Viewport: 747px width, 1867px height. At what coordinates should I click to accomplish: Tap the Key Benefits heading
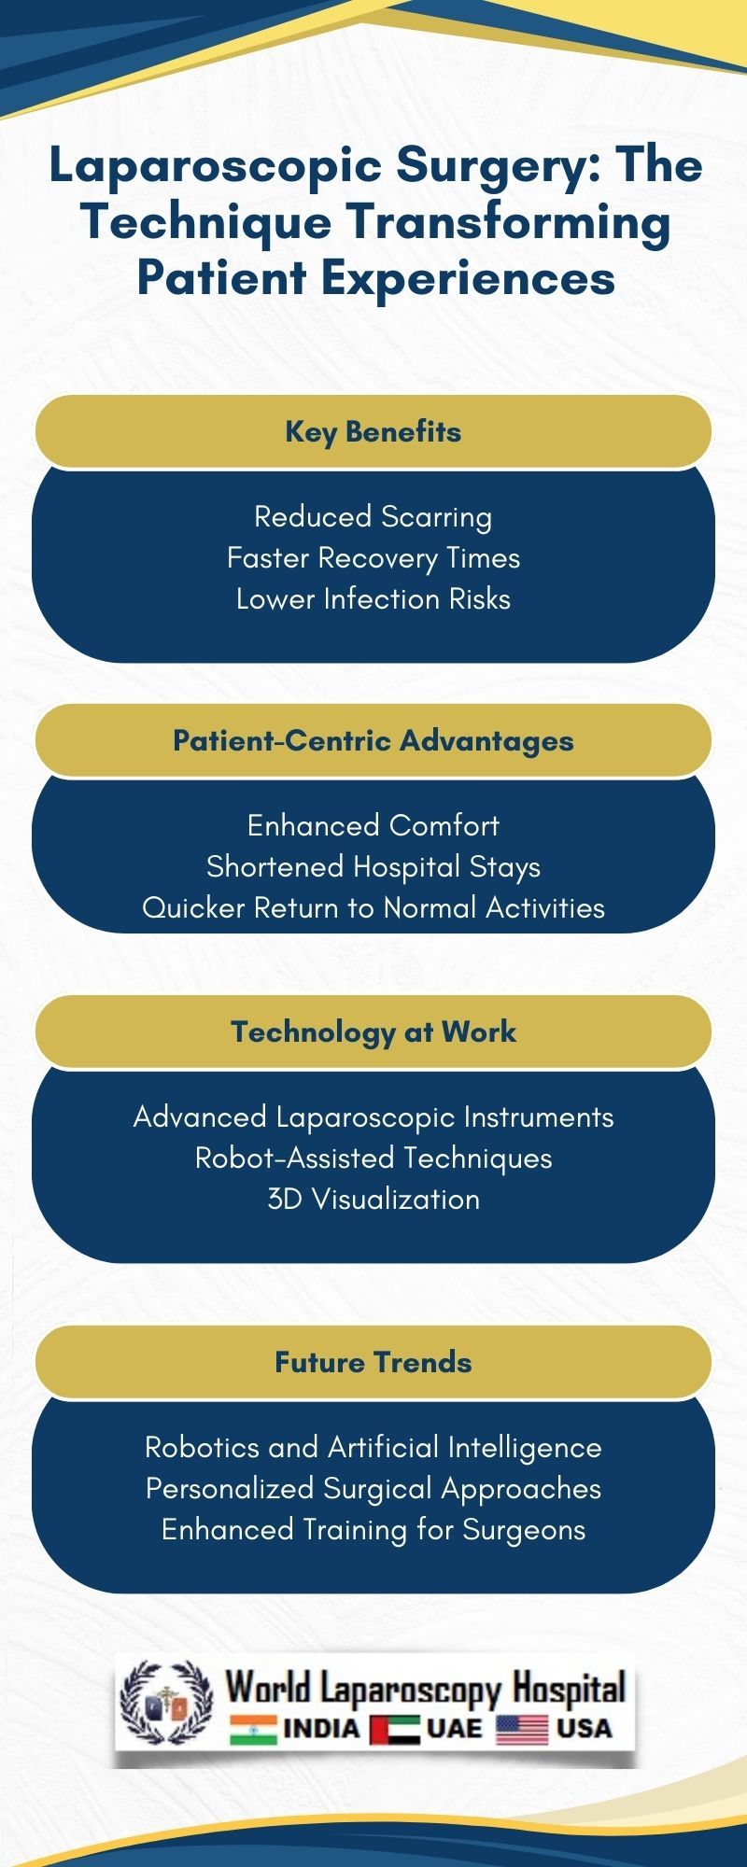click(x=373, y=431)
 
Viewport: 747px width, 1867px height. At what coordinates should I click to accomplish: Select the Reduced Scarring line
click(x=373, y=516)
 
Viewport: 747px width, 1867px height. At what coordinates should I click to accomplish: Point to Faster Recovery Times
click(x=373, y=557)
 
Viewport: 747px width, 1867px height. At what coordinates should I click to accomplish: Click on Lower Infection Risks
click(x=373, y=598)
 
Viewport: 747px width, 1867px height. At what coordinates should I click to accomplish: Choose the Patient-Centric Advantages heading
click(x=373, y=740)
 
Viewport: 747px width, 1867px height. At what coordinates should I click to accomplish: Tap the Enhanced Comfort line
click(x=373, y=825)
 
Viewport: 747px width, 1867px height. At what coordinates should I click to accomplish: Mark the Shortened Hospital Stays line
click(x=373, y=866)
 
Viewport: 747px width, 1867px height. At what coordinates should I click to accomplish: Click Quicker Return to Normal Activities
click(x=373, y=907)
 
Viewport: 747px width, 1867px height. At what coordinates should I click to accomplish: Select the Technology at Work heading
click(x=373, y=1032)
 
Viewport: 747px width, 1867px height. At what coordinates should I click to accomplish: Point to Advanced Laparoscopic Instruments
click(x=373, y=1116)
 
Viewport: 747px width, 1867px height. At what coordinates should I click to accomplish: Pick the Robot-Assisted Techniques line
click(x=373, y=1158)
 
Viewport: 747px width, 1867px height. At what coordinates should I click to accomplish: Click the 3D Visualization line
click(x=373, y=1199)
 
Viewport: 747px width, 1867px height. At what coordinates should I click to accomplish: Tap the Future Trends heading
click(x=373, y=1362)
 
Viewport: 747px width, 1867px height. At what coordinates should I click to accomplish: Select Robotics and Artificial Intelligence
click(x=373, y=1447)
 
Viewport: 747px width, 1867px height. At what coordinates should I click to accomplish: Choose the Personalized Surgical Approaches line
click(x=373, y=1488)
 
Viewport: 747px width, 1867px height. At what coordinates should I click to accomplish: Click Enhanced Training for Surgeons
click(x=373, y=1529)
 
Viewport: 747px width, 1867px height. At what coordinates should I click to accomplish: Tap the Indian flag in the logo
click(x=253, y=1730)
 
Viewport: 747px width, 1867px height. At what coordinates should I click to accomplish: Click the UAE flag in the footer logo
click(x=394, y=1730)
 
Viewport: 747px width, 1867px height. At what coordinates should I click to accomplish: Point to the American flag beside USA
click(x=522, y=1730)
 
